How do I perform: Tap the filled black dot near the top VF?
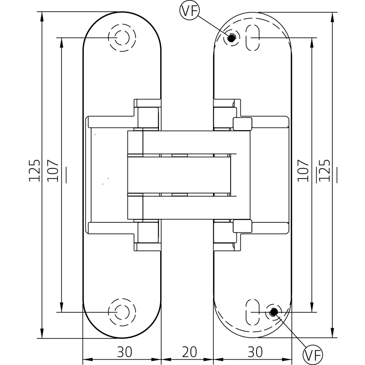(231, 38)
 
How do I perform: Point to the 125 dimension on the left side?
(34, 170)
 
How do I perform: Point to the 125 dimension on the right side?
(325, 170)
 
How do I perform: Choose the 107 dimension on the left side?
(53, 170)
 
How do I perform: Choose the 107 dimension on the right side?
(303, 170)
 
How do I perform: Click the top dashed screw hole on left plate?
(122, 38)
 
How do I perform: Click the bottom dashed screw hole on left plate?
(122, 312)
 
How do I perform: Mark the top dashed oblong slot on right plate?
(252, 38)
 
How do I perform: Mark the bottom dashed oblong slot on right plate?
(252, 312)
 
